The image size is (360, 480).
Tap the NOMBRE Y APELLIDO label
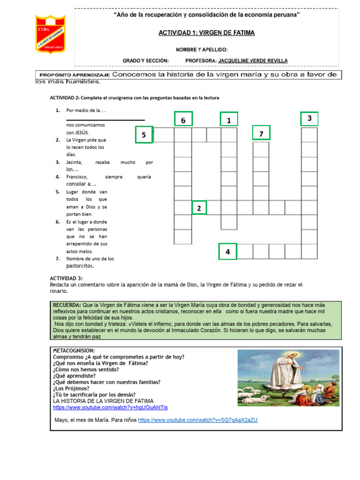(202, 49)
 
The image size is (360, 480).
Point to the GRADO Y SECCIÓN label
(145, 60)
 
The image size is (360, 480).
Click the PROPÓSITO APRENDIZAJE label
(75, 75)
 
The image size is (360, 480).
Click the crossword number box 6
(183, 120)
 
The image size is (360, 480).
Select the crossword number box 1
(229, 120)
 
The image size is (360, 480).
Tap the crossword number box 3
(309, 119)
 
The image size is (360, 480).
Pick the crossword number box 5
(144, 135)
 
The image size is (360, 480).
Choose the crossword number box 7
(261, 134)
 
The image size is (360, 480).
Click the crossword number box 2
(199, 208)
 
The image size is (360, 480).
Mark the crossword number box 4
(227, 252)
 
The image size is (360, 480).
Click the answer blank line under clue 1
(105, 120)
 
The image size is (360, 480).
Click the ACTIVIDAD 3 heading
(66, 278)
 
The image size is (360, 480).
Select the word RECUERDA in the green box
(67, 305)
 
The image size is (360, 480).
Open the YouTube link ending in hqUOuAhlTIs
(110, 408)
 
